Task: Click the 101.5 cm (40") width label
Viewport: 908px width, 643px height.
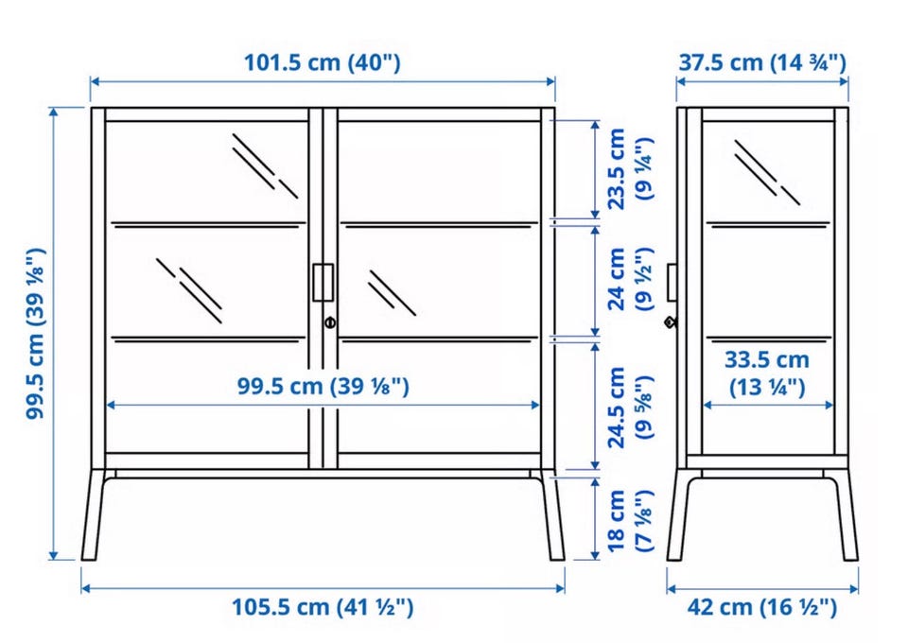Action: click(x=322, y=61)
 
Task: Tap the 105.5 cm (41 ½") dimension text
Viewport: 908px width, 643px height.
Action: click(x=323, y=607)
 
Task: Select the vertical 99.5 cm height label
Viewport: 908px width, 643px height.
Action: click(x=35, y=334)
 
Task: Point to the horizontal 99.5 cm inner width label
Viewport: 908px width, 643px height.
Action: click(x=323, y=386)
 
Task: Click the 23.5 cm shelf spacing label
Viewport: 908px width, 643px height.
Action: click(x=629, y=169)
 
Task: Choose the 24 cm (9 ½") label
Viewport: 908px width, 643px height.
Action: click(x=629, y=279)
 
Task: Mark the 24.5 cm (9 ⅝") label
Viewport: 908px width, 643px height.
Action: click(x=629, y=408)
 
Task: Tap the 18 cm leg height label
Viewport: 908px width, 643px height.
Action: click(x=629, y=520)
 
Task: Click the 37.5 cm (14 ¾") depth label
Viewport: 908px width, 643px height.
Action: click(x=762, y=61)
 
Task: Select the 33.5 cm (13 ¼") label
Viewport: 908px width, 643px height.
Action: click(x=767, y=374)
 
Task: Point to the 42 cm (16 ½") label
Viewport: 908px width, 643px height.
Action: click(x=762, y=607)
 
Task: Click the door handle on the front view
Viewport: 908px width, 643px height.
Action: click(x=323, y=283)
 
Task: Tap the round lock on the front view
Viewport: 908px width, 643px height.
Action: click(x=329, y=321)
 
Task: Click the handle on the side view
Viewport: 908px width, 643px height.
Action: click(x=672, y=283)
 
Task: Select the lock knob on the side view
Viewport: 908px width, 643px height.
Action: click(x=671, y=322)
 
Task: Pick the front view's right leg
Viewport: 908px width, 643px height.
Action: click(x=551, y=514)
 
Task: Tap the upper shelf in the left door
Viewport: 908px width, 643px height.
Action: click(x=207, y=224)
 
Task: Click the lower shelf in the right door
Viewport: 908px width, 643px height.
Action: click(x=438, y=339)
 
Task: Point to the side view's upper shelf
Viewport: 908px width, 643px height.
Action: click(x=768, y=224)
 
